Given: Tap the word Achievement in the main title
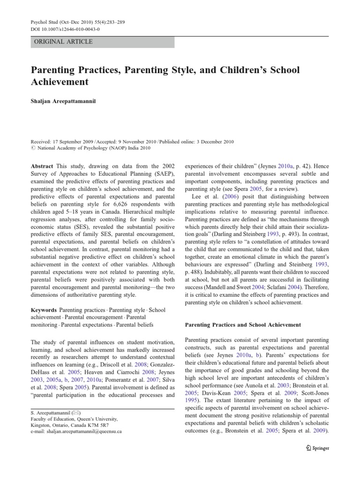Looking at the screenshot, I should click(x=60, y=82).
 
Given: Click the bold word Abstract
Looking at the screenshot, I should click(x=42, y=166).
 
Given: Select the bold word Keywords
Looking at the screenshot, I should click(x=45, y=310).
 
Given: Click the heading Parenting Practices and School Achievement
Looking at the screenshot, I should click(x=244, y=324).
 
